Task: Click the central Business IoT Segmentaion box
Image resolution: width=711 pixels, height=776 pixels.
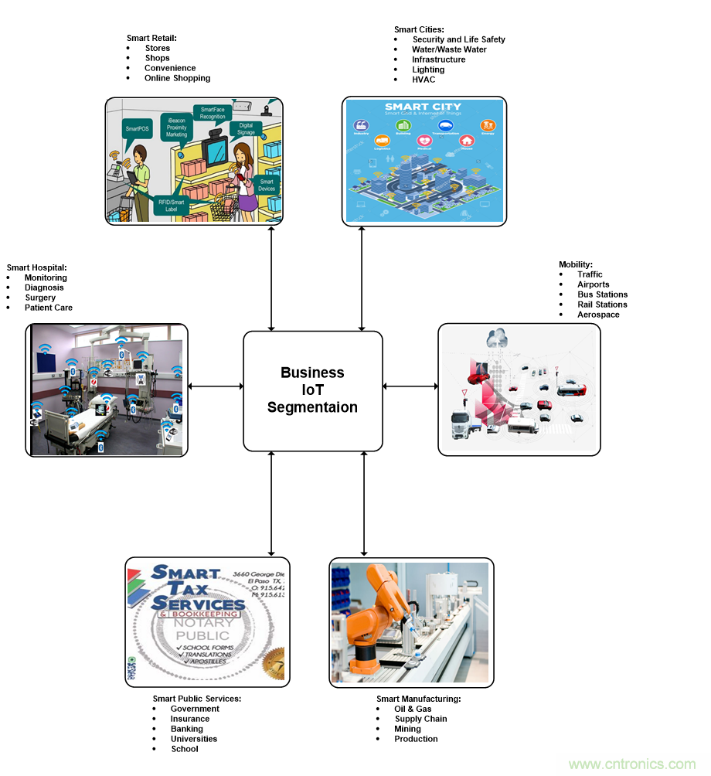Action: tap(312, 390)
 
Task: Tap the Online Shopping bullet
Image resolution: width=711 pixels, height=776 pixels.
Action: tap(177, 78)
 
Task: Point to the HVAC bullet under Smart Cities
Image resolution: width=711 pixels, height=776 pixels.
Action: tap(424, 80)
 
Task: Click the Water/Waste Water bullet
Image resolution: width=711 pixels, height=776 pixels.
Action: tap(449, 49)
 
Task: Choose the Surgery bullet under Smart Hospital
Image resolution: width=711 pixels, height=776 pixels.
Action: tap(40, 298)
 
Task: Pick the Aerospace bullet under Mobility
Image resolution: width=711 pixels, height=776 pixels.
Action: tap(598, 315)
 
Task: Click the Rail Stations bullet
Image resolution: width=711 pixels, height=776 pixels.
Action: tap(602, 305)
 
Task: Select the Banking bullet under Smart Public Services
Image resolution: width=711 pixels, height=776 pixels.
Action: tap(187, 729)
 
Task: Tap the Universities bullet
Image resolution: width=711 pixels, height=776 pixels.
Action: tap(194, 739)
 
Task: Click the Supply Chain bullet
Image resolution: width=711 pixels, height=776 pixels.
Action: tap(420, 719)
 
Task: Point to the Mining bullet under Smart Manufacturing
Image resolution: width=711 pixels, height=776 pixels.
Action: tap(407, 729)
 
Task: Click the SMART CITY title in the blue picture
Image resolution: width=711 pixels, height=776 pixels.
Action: tap(423, 107)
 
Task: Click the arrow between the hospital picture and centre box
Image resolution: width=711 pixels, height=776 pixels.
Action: tap(216, 386)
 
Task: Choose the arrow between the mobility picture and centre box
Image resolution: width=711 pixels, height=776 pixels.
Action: tap(410, 386)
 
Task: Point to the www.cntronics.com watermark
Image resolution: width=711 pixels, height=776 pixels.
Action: tap(631, 764)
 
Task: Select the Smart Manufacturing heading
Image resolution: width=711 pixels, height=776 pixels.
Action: tap(418, 699)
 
